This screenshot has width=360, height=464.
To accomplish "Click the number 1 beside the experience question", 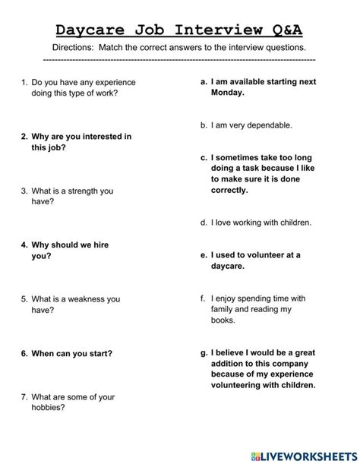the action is coord(24,81).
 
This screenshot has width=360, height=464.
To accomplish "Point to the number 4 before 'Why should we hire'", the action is coord(24,245).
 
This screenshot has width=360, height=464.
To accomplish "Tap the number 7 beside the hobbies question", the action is coord(24,396).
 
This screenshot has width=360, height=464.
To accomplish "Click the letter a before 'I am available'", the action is coord(204,80).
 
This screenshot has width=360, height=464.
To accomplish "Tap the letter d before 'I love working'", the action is coord(204,223).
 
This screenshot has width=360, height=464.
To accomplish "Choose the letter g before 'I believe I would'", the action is coord(204,352).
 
